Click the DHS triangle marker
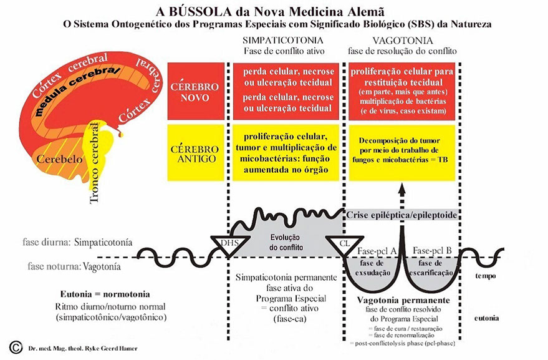226,244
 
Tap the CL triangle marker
344,244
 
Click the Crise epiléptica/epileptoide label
403,215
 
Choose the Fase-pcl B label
432,250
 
